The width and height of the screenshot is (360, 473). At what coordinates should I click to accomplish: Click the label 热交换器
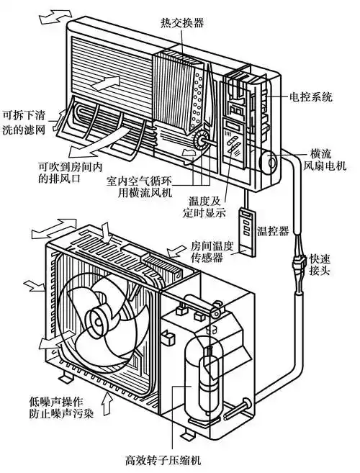(x=181, y=23)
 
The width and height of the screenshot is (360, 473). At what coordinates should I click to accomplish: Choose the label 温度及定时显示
(x=204, y=207)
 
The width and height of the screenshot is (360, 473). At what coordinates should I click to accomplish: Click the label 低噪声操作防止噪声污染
(x=51, y=405)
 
